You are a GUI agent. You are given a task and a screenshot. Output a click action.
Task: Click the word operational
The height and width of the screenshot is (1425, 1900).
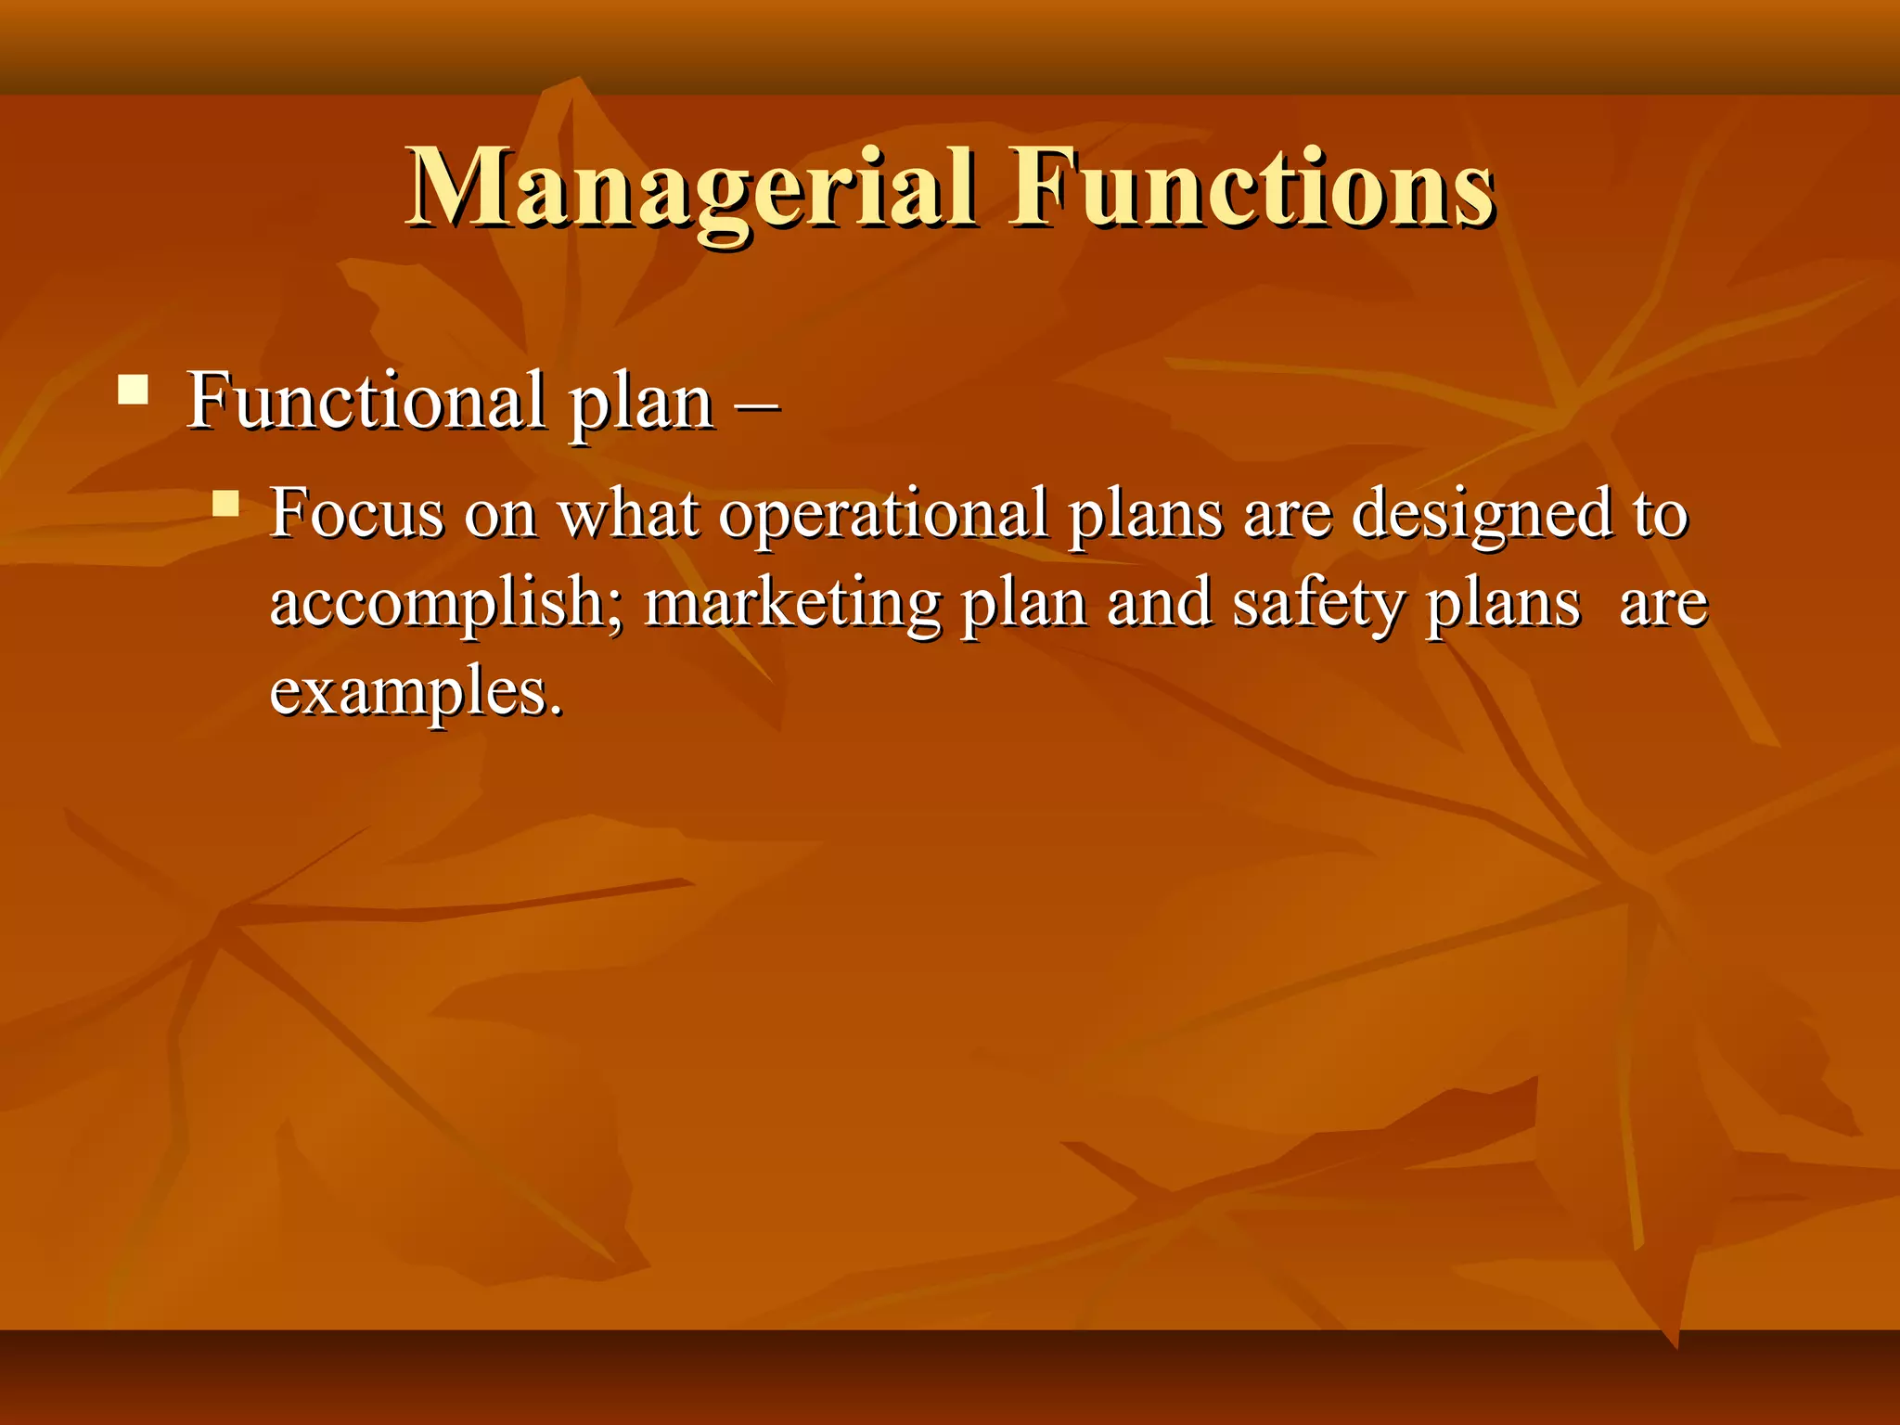click(x=882, y=516)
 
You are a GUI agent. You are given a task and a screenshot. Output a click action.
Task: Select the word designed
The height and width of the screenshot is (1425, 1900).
click(x=1482, y=516)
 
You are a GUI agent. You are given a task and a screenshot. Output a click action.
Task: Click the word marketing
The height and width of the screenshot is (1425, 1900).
click(x=791, y=604)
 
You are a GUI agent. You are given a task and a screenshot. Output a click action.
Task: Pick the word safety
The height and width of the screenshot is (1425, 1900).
click(x=1316, y=604)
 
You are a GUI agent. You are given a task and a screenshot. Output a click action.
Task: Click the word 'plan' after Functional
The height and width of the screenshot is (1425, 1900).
click(x=641, y=404)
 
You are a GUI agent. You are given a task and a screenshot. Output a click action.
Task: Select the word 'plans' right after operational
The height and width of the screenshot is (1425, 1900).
click(x=1144, y=516)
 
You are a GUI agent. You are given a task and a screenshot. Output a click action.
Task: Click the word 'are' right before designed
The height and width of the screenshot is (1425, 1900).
click(x=1286, y=516)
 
